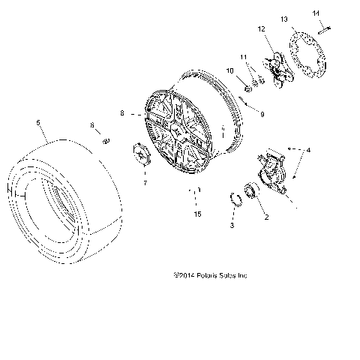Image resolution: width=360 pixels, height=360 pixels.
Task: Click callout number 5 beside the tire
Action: [x=37, y=121]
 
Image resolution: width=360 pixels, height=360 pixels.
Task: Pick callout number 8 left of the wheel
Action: [x=121, y=113]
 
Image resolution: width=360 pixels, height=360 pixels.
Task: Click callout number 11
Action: [x=243, y=57]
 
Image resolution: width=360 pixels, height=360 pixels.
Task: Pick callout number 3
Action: [x=232, y=225]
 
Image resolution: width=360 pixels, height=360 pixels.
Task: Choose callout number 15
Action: [x=197, y=215]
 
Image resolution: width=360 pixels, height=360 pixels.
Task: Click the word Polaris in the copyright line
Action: [x=205, y=275]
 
